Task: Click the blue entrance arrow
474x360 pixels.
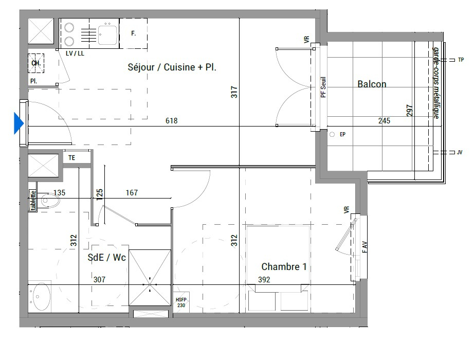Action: pyautogui.click(x=18, y=123)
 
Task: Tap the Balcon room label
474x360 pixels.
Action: pyautogui.click(x=372, y=84)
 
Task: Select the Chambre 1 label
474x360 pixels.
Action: pyautogui.click(x=284, y=266)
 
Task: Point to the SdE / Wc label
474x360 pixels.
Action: pyautogui.click(x=106, y=258)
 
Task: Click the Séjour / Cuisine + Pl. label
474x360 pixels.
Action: pyautogui.click(x=172, y=67)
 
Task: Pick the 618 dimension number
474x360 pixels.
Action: pyautogui.click(x=171, y=121)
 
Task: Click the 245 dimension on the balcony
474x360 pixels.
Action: pyautogui.click(x=384, y=121)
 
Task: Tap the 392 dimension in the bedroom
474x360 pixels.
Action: pyautogui.click(x=264, y=280)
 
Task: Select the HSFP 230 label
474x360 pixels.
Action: pyautogui.click(x=181, y=302)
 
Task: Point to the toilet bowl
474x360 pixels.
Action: pyautogui.click(x=50, y=201)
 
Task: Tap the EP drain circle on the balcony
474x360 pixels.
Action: pyautogui.click(x=332, y=134)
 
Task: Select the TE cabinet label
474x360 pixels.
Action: pyautogui.click(x=71, y=157)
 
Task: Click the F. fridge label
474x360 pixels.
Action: pyautogui.click(x=133, y=33)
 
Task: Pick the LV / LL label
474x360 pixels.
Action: pyautogui.click(x=75, y=53)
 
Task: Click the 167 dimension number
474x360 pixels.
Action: pyautogui.click(x=132, y=193)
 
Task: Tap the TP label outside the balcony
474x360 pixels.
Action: pyautogui.click(x=461, y=60)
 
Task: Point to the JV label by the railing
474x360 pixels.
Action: pyautogui.click(x=460, y=152)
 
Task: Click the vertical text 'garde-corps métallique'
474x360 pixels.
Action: pyautogui.click(x=436, y=83)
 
